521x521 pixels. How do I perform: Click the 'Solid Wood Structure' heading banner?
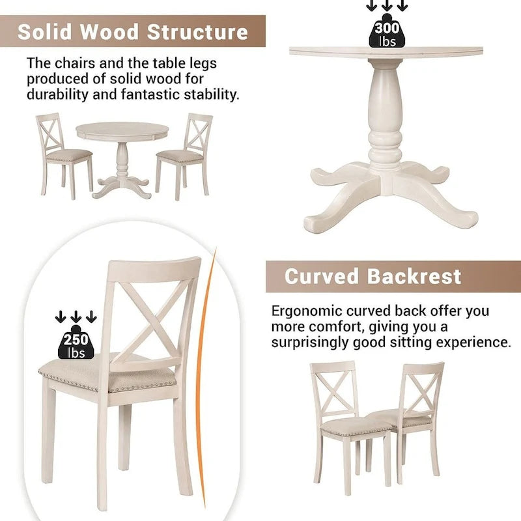133,32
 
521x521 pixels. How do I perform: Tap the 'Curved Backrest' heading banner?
373,276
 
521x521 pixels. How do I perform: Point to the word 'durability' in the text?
55,94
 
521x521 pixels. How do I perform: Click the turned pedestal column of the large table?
387,117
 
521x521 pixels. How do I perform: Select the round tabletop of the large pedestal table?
386,53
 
